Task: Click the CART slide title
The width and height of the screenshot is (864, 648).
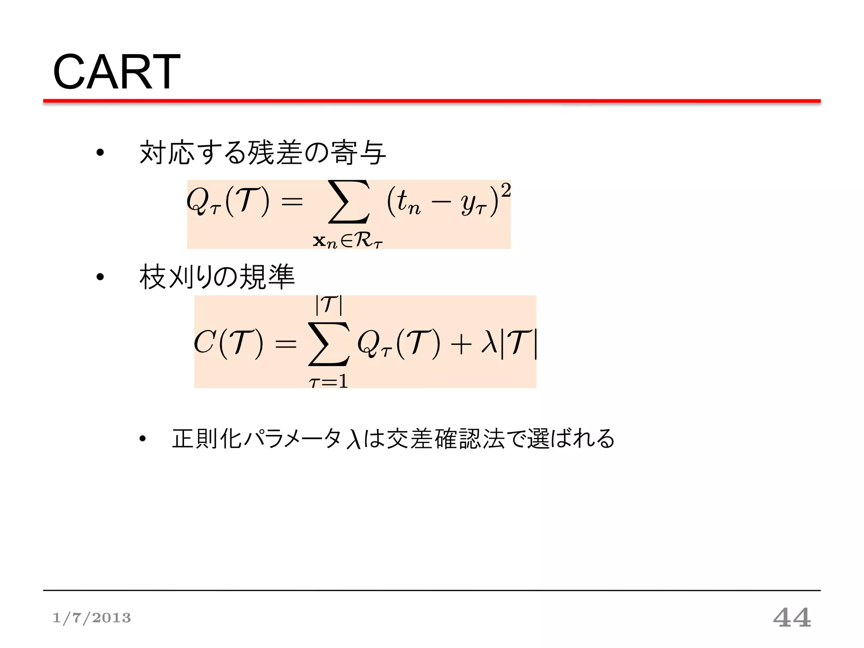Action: tap(116, 72)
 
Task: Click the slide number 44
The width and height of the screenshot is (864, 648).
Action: tap(792, 618)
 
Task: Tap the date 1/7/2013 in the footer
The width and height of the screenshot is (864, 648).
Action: tap(92, 618)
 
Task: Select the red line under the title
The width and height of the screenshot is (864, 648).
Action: tap(432, 101)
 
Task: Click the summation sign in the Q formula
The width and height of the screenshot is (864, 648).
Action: tap(348, 202)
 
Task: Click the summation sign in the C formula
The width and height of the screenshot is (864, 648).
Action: tap(329, 344)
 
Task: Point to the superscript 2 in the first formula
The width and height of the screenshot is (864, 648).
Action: tap(505, 191)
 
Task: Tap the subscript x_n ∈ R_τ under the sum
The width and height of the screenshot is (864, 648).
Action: tap(348, 241)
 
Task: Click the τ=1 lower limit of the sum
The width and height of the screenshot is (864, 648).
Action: tap(328, 382)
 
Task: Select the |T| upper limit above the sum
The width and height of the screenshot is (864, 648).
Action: tap(329, 304)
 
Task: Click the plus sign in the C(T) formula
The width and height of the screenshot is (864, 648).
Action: tap(461, 344)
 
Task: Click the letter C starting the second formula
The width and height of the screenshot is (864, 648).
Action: tap(205, 342)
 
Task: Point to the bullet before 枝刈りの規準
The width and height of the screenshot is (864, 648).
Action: tap(100, 277)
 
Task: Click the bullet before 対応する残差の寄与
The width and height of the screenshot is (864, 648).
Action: tap(100, 153)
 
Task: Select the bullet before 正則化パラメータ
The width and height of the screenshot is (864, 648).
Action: tap(143, 439)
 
